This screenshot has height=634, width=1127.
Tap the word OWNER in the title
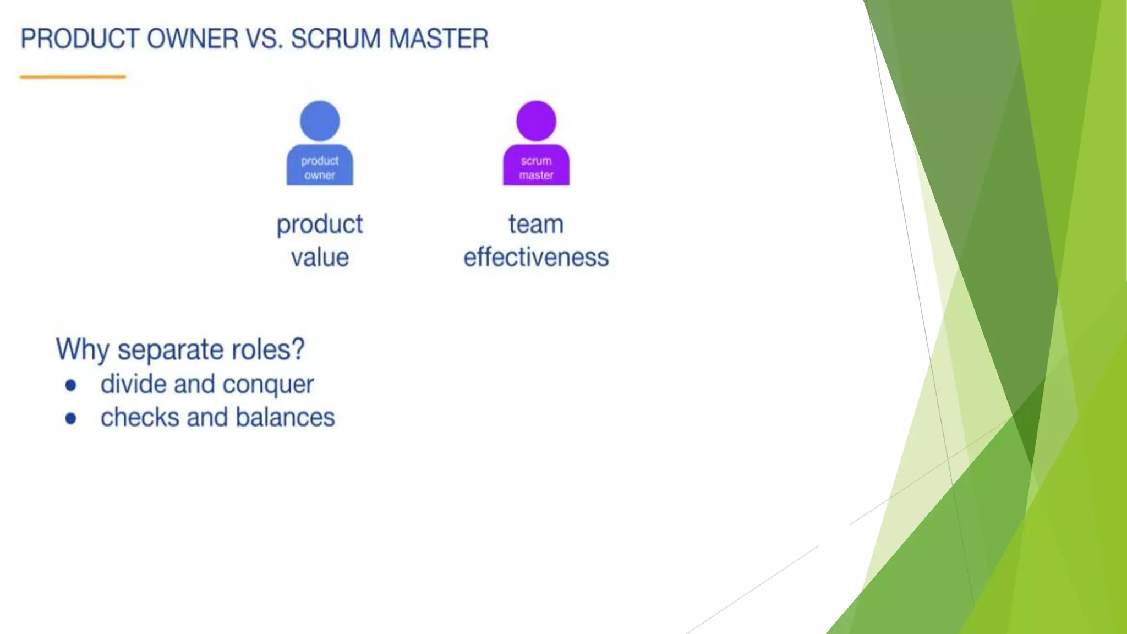tap(193, 39)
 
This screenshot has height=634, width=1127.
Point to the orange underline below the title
tap(73, 77)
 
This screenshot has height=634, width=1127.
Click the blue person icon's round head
tap(320, 121)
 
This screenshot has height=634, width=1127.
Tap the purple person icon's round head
tap(536, 121)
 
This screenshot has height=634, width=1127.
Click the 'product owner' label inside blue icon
tap(320, 168)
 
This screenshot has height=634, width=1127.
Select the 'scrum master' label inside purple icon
tap(536, 168)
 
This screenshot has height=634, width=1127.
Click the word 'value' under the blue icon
tap(320, 258)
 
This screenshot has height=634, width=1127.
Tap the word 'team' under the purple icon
tap(536, 225)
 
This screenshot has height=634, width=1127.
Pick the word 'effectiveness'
tap(536, 258)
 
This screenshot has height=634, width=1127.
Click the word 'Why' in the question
tap(83, 349)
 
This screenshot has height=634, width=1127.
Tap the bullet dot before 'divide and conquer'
tap(70, 385)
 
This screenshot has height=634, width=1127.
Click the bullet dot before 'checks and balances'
tap(70, 419)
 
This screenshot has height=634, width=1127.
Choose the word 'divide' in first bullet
tap(134, 384)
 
